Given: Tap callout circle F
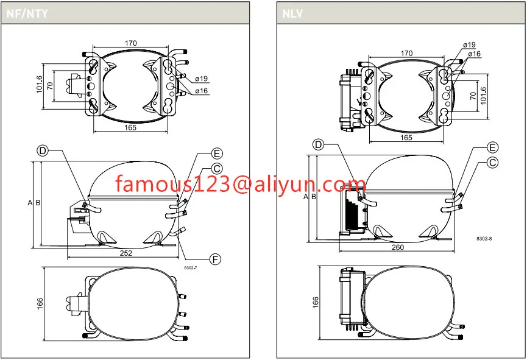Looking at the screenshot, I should point(215,259).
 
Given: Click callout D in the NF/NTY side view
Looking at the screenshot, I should point(43,150).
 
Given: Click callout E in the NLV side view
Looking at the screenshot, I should point(493,147).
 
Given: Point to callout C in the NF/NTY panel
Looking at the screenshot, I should point(217,168).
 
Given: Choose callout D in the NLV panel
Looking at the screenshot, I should point(318,144).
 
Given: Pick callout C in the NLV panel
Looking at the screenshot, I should point(493,162).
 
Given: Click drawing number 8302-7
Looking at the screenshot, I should point(191,266).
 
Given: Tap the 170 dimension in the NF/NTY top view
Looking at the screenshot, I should point(130,43).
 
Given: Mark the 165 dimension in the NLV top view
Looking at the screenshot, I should point(406,138).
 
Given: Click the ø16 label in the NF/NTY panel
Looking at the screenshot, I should point(202,91).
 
